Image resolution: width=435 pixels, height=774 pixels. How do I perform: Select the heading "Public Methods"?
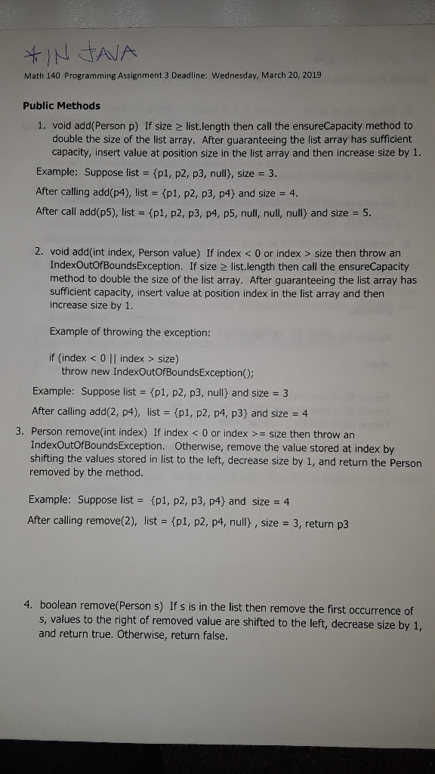[62, 106]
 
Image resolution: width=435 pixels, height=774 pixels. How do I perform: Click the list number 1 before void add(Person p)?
[41, 125]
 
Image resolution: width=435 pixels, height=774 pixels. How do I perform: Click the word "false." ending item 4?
[211, 636]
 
